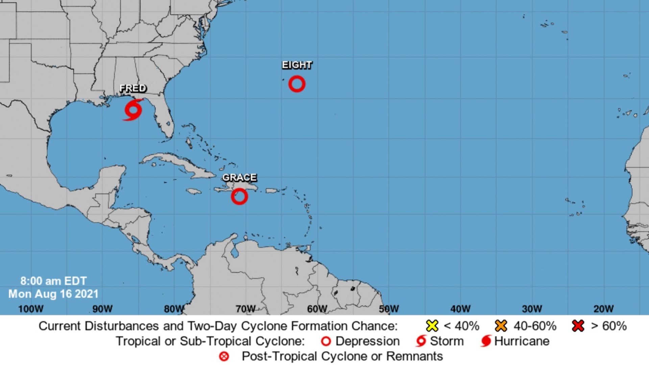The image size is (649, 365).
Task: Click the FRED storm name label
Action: [133, 88]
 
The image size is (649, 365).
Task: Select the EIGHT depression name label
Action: [297, 65]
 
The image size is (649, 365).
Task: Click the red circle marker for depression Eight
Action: [297, 84]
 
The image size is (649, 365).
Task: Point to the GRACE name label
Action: [239, 177]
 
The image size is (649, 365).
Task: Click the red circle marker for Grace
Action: [239, 196]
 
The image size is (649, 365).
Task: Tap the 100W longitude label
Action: [31, 309]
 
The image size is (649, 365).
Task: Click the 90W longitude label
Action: [102, 309]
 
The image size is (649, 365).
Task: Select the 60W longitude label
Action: [317, 309]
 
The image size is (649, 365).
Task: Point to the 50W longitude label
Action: [389, 309]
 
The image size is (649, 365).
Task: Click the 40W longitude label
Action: [460, 309]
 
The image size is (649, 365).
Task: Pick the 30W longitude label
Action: [532, 309]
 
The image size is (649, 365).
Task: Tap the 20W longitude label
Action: [603, 309]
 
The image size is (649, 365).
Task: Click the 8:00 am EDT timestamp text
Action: [53, 281]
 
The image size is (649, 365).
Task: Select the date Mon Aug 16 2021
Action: [53, 294]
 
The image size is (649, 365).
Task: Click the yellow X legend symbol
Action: [432, 326]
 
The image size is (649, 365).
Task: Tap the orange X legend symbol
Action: [501, 326]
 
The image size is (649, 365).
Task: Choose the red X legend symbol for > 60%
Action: [578, 326]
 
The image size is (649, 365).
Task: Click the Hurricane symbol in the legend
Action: [486, 341]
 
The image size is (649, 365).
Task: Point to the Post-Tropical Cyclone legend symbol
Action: [224, 356]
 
